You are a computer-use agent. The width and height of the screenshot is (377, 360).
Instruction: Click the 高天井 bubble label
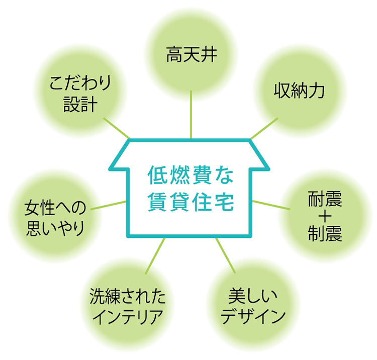coord(192,54)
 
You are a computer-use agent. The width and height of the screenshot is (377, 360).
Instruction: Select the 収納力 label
coord(300,91)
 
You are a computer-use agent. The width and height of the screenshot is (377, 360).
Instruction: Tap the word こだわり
coord(80,82)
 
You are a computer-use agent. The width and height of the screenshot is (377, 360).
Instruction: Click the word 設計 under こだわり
coord(80,105)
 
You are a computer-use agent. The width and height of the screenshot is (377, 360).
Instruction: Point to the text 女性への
coord(55,208)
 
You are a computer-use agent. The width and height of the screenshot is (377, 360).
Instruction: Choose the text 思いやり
coord(55,228)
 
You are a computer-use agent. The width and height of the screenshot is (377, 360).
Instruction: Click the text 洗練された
coord(128,296)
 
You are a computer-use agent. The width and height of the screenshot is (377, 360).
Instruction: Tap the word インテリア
coord(128,317)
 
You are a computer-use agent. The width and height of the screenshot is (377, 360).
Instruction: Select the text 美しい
coord(253,296)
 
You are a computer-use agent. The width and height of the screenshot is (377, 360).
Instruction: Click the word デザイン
coord(253,317)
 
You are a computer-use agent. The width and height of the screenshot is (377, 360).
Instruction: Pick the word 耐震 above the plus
coord(325,199)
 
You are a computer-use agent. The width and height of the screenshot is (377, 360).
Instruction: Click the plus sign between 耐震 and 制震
coord(325,216)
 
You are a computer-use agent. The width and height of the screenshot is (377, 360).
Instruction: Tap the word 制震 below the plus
coord(325,233)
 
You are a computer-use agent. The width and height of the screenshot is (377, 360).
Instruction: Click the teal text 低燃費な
coord(191,175)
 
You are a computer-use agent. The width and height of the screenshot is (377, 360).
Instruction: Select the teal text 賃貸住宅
coord(191,202)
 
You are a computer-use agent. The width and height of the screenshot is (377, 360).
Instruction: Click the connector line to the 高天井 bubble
coord(191,115)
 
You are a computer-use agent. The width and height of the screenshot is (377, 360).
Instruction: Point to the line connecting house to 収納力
coord(264,128)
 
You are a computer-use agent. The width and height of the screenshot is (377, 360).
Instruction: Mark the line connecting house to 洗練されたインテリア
coord(155,256)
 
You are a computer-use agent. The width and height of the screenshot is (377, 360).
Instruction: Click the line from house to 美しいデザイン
coord(226,255)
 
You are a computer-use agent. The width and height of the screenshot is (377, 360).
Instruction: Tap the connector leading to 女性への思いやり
coord(108,205)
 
